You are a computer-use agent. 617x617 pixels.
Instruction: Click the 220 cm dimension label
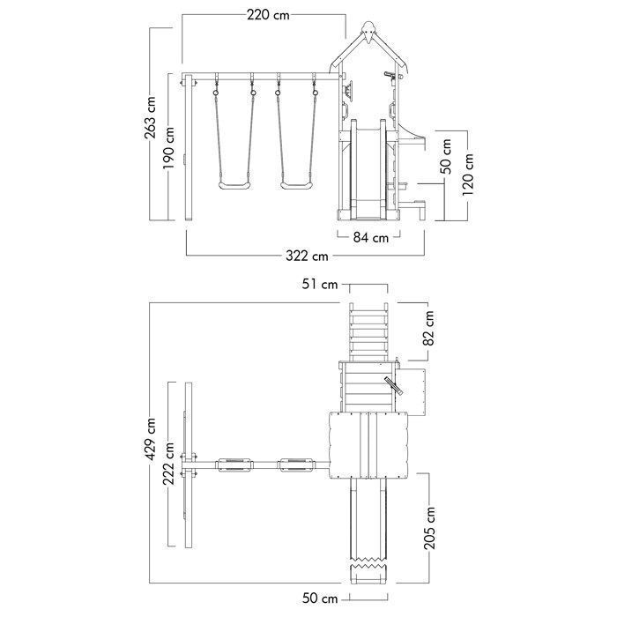[268, 15]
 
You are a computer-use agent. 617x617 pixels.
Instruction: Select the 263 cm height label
[151, 117]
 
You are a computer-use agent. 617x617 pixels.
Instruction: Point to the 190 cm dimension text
[169, 147]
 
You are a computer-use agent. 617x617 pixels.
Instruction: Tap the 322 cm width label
[307, 256]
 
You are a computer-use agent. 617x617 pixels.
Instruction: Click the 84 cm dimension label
[371, 237]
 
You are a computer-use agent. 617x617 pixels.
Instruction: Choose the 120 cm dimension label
[468, 175]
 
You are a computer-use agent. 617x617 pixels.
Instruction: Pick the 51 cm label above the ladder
[320, 284]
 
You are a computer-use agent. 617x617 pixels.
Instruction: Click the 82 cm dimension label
[429, 328]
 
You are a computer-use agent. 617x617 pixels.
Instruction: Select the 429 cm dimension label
[151, 439]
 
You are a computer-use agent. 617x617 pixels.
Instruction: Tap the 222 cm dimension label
[169, 464]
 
